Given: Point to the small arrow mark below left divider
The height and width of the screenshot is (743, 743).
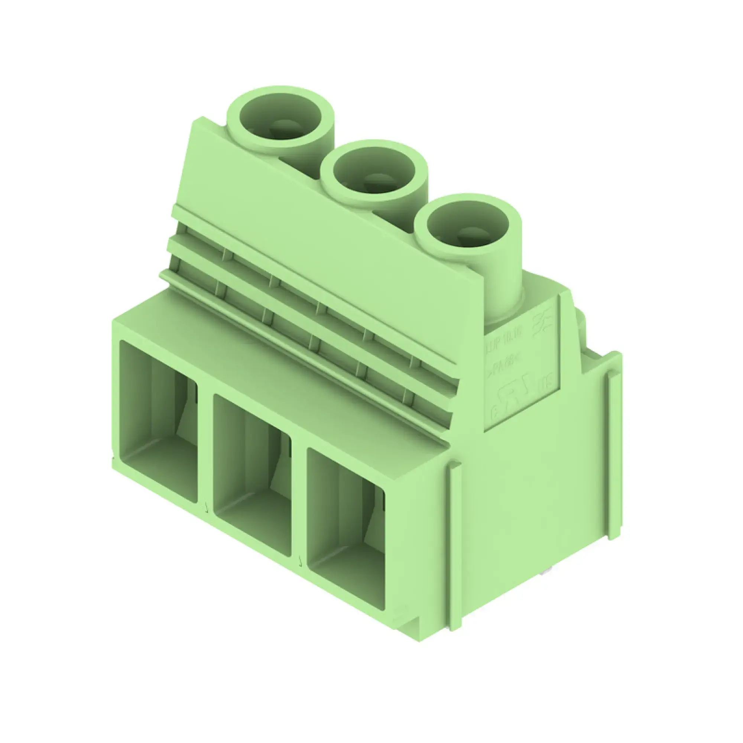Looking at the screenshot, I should [207, 510].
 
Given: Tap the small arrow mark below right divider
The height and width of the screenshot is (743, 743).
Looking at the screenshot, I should [300, 564].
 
